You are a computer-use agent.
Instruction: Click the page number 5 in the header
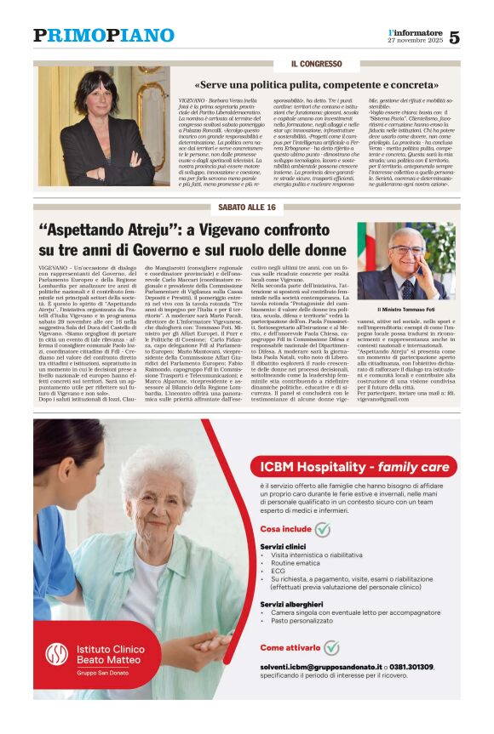point(454,37)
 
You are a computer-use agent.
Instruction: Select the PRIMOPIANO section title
point(104,36)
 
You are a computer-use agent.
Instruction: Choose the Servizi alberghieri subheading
point(291,604)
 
